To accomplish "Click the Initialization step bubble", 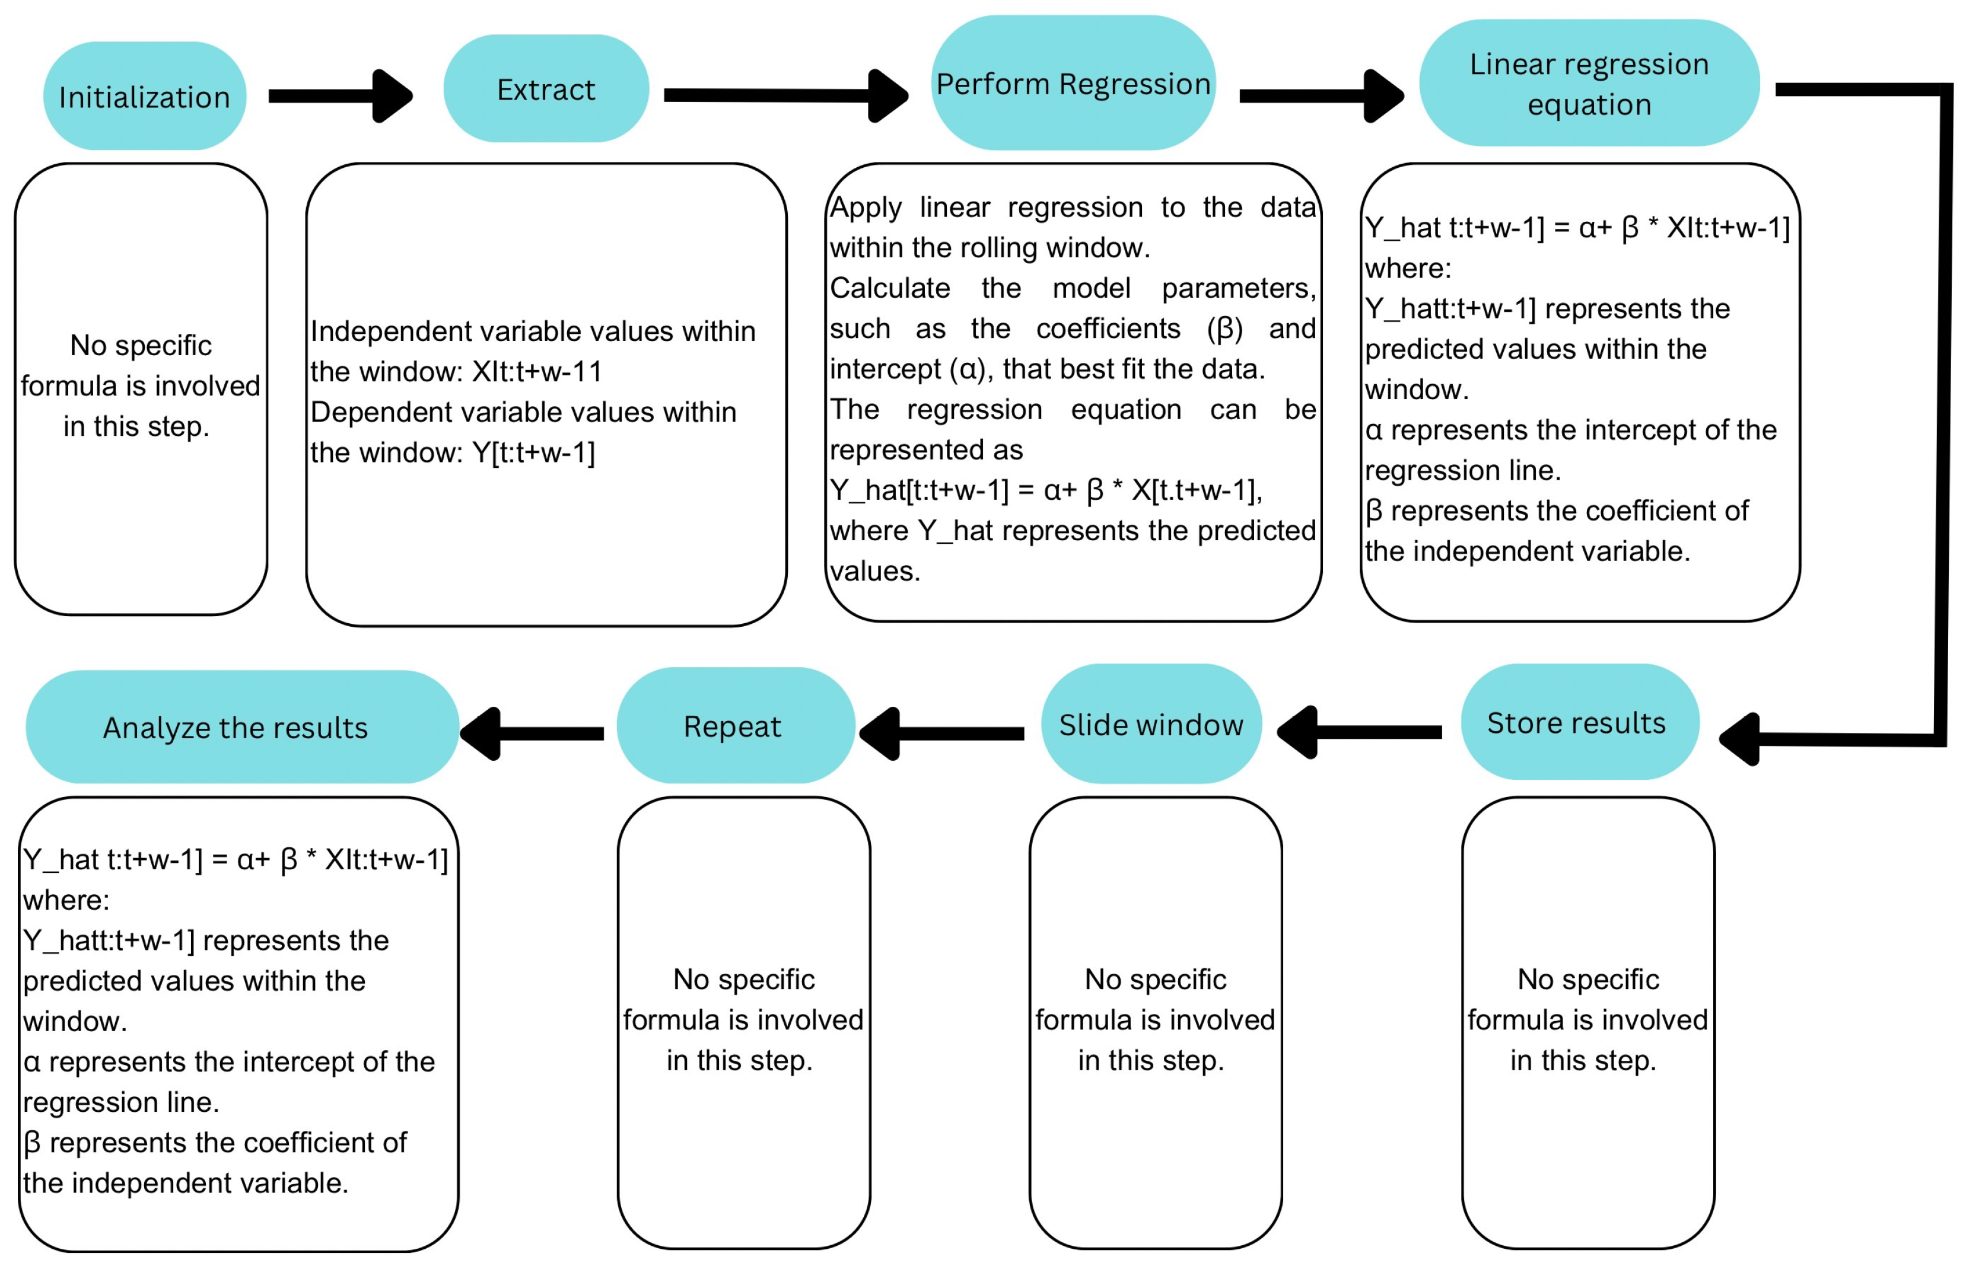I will (145, 96).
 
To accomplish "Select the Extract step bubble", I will (546, 89).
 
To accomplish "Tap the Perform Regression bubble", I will (1073, 83).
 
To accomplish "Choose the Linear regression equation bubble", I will (1588, 83).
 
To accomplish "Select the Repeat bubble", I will (734, 726).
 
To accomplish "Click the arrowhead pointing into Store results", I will (1740, 739).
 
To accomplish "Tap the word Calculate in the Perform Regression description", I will (890, 288).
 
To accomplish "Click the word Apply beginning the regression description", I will (865, 207).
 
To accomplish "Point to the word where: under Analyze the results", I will (66, 900).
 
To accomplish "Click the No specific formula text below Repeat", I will (743, 1019).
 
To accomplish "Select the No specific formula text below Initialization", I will (141, 385).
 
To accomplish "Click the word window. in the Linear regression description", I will (1416, 389).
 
